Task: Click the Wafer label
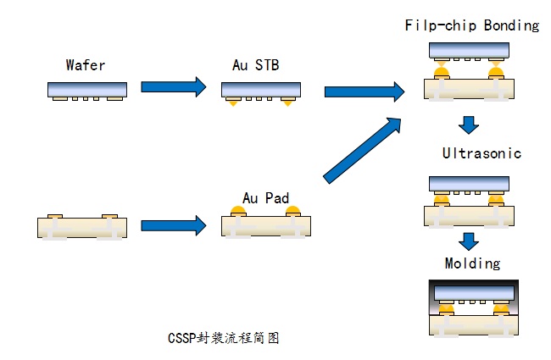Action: click(x=86, y=65)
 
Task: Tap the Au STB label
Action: click(x=256, y=65)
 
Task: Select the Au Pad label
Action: click(x=265, y=199)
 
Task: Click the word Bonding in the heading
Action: click(x=511, y=25)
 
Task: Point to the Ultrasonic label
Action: click(x=481, y=153)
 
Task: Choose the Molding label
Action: click(x=472, y=263)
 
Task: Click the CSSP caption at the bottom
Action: click(x=223, y=338)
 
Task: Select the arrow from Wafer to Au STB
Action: click(x=174, y=86)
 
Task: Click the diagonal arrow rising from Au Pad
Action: click(x=364, y=149)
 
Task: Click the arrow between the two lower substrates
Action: click(x=174, y=225)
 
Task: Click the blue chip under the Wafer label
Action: click(x=86, y=88)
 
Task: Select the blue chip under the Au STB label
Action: click(x=261, y=88)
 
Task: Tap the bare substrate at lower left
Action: click(x=82, y=226)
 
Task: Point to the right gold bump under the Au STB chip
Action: click(x=289, y=102)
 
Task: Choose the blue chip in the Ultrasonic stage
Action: click(x=469, y=183)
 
